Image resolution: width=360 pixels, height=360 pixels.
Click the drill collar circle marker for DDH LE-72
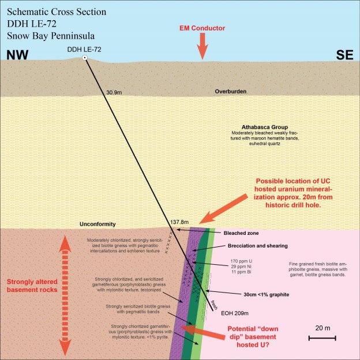click(84, 59)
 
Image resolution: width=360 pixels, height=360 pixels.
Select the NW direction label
click(18, 55)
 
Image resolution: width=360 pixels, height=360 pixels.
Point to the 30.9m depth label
click(115, 92)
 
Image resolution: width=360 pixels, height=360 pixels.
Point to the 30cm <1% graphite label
click(258, 294)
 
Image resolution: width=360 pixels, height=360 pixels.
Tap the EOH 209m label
click(234, 314)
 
